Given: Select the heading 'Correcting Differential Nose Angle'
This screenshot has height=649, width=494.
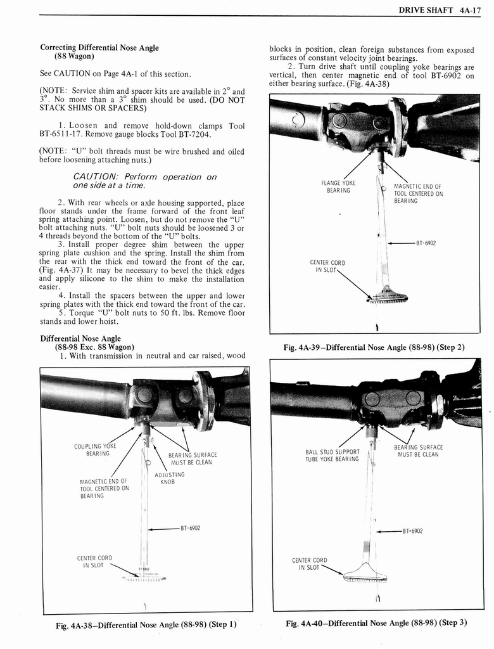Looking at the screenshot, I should point(99,48).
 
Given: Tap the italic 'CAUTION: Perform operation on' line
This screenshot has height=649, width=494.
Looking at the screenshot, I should point(145,177).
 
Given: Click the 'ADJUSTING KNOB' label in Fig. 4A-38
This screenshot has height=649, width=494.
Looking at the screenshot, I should point(169,478).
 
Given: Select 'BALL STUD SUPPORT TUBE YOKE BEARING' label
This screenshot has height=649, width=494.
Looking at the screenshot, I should point(332,455).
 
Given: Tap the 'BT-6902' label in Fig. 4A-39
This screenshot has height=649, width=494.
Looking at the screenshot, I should point(426,243).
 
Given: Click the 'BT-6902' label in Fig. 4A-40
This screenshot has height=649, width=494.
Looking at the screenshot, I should point(412,531).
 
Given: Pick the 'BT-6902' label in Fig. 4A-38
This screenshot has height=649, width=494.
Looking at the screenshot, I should point(191,527).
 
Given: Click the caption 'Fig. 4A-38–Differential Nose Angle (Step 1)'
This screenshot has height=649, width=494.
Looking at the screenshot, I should point(146,624).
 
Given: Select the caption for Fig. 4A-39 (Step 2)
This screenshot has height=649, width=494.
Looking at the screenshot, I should point(376,347).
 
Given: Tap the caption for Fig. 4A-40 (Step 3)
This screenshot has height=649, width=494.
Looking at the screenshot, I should point(376,622).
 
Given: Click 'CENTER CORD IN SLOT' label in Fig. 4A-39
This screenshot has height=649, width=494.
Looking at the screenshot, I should point(327,266).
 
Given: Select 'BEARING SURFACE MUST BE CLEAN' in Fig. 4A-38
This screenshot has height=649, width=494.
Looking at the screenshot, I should point(193,458).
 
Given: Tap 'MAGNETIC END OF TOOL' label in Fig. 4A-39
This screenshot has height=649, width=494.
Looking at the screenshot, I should point(418,193).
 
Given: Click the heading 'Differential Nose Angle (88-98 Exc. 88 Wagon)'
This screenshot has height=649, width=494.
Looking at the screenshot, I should point(89,343).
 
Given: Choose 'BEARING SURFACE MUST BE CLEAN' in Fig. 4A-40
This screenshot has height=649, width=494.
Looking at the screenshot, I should point(418,451).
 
